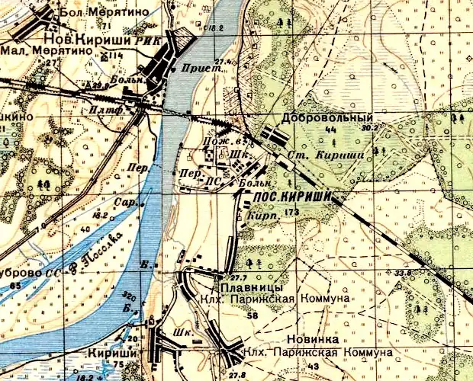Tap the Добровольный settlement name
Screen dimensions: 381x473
point(327,119)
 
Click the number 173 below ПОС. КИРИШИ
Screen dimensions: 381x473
point(290,210)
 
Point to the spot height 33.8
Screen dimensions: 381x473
point(404,272)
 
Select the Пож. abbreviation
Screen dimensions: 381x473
point(213,142)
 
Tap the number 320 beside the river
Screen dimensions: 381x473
point(128,296)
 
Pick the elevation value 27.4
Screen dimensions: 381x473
point(222,60)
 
